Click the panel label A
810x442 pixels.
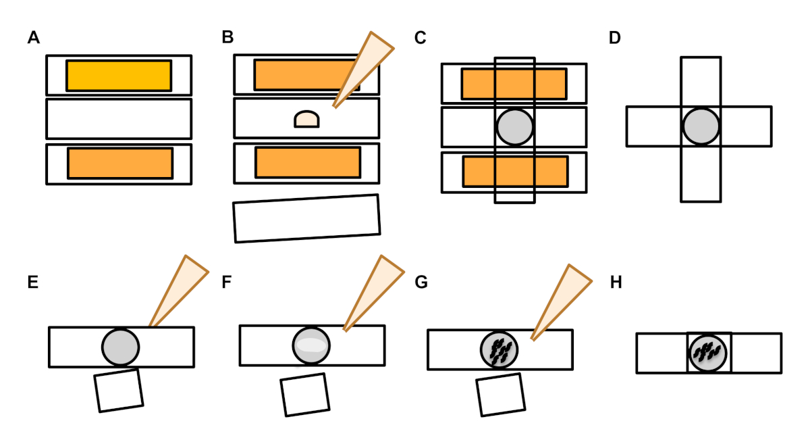pos(33,39)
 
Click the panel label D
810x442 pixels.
pos(614,39)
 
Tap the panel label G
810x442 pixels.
pos(421,283)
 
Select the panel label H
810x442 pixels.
pos(616,283)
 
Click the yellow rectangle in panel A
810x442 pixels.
pos(119,75)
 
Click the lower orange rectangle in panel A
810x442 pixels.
pos(120,164)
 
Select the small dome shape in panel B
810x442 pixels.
pos(306,120)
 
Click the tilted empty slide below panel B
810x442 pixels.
pos(306,218)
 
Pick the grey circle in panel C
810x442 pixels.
pos(515,126)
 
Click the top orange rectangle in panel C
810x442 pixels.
pos(514,83)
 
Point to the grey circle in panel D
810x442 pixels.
pos(701,126)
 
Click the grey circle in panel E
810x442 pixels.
pos(121,346)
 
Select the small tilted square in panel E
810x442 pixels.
pos(119,390)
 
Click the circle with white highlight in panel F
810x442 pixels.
pos(311,345)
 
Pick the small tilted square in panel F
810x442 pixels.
pos(305,395)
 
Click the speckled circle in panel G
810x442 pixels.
pos(499,350)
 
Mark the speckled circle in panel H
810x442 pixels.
pos(708,352)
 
